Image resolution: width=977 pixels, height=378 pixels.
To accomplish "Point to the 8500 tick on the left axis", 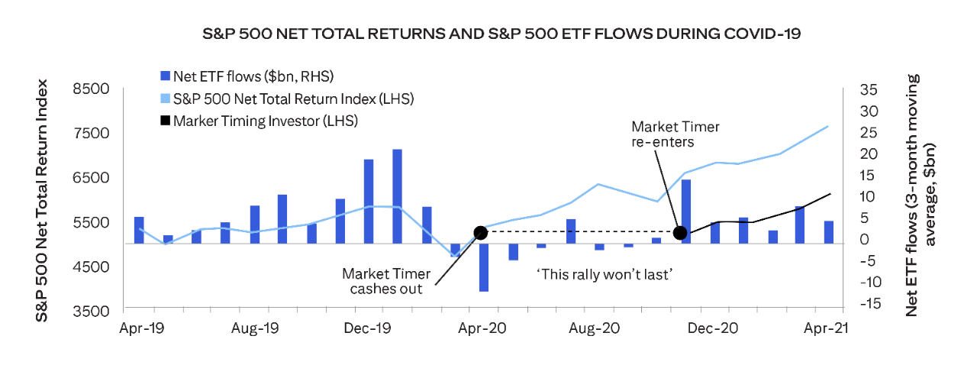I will point(95,89).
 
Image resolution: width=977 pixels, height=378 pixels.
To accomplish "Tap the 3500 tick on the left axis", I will point(95,312).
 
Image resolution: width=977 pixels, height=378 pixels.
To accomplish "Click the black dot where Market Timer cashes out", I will point(480,232).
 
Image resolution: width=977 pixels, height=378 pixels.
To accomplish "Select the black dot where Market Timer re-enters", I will point(680,232).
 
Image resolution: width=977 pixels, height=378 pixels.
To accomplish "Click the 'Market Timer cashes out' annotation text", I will point(386,281).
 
